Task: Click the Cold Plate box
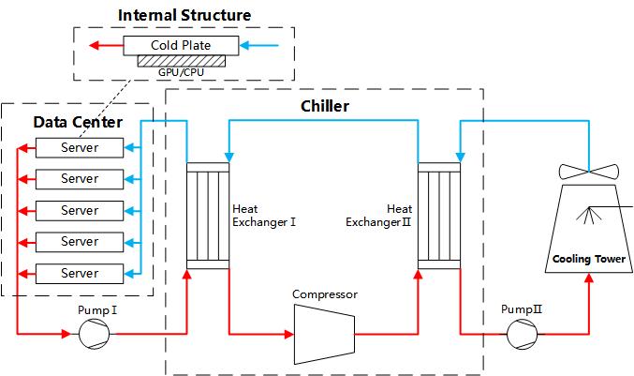tap(180, 45)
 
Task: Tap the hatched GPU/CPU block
tap(181, 61)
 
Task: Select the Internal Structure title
tap(184, 15)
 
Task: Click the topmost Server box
tap(80, 148)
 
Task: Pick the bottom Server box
tap(80, 273)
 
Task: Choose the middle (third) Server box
tap(80, 210)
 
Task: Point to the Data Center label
tap(78, 123)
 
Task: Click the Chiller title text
tap(325, 106)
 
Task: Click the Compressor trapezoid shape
tap(324, 332)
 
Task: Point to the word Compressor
tap(324, 294)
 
